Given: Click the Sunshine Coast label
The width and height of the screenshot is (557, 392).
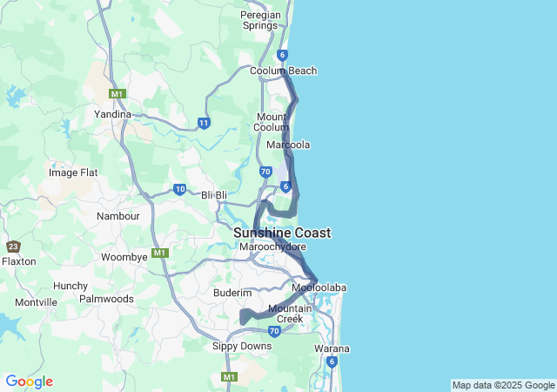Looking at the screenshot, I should pyautogui.click(x=281, y=233).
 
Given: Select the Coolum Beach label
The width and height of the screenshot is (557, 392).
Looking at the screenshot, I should pyautogui.click(x=283, y=71).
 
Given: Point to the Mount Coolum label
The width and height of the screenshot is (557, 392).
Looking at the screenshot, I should pyautogui.click(x=272, y=122).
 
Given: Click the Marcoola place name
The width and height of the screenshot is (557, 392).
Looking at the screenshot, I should pyautogui.click(x=288, y=145).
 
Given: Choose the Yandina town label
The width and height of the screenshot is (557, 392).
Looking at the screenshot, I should pyautogui.click(x=112, y=114).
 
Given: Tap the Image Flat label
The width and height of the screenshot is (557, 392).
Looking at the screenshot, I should pyautogui.click(x=75, y=172).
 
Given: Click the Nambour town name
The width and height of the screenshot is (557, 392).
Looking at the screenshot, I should pyautogui.click(x=117, y=216).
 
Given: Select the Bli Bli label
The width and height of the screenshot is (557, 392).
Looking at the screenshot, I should pyautogui.click(x=214, y=195).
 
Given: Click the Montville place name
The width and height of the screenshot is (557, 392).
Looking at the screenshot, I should pyautogui.click(x=36, y=302).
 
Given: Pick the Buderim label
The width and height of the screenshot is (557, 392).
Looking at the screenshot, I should pyautogui.click(x=232, y=293).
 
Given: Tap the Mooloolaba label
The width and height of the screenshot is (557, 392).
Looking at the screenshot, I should pyautogui.click(x=319, y=287).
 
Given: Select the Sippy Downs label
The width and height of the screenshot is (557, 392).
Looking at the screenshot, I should pyautogui.click(x=242, y=346).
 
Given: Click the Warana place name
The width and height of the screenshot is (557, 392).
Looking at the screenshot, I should pyautogui.click(x=332, y=348).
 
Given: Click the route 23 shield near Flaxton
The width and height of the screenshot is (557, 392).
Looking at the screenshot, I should pyautogui.click(x=12, y=247).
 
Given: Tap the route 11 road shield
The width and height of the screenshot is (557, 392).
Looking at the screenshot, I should pyautogui.click(x=203, y=124).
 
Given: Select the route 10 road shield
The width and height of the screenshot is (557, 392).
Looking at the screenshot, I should pyautogui.click(x=179, y=189).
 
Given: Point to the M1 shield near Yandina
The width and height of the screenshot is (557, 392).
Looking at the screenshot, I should pyautogui.click(x=117, y=93).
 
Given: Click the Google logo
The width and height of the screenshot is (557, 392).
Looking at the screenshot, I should pyautogui.click(x=29, y=382).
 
